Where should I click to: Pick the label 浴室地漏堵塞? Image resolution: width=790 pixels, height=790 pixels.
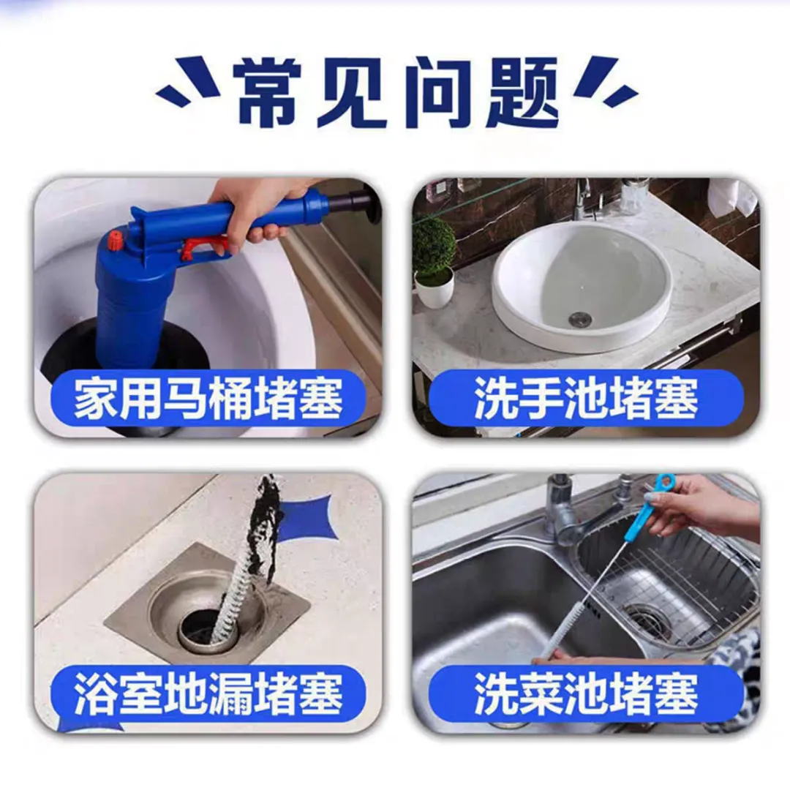point(208,694)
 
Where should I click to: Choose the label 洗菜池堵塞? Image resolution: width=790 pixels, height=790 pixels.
point(587,694)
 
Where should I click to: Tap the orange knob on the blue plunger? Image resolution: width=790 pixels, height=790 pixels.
point(116,238)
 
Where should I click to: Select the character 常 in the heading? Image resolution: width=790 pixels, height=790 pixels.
point(269,93)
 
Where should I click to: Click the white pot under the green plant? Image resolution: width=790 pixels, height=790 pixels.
point(434,290)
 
